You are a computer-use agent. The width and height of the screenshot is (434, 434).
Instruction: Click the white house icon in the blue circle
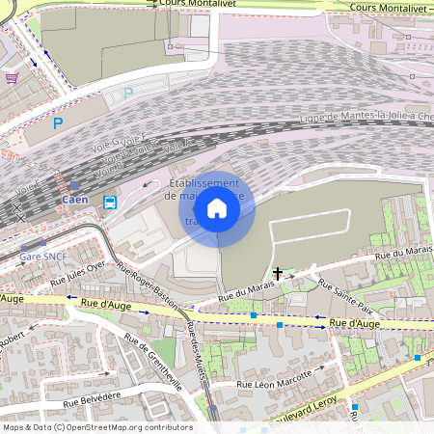[x=217, y=208]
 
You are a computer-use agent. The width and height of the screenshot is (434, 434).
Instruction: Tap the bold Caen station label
[x=75, y=201]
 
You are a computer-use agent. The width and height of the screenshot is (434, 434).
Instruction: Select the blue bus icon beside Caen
[x=110, y=203]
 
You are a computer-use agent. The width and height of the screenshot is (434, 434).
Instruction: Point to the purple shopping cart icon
[x=12, y=78]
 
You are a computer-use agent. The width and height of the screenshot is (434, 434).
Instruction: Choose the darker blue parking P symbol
[x=58, y=123]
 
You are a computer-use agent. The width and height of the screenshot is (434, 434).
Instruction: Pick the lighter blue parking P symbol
[x=128, y=94]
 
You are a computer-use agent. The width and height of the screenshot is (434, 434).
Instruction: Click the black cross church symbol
[x=279, y=274]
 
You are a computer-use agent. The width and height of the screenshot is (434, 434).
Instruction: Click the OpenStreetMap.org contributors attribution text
[x=137, y=426]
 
